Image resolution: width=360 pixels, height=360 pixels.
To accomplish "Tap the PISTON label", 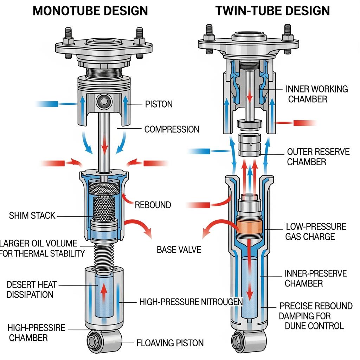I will click(x=159, y=104).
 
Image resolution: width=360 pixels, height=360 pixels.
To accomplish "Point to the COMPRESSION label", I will click(x=172, y=129).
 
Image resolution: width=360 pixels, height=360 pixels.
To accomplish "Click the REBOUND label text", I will click(x=153, y=205).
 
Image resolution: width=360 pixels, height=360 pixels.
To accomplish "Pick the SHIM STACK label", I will click(x=32, y=215).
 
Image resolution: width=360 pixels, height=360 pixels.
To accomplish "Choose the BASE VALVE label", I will click(x=179, y=250).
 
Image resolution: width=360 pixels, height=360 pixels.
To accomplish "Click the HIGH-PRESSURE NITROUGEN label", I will click(x=191, y=301).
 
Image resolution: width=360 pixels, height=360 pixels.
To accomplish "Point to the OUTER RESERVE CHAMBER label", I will click(x=318, y=157).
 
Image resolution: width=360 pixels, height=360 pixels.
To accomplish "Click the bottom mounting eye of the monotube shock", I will click(x=95, y=341).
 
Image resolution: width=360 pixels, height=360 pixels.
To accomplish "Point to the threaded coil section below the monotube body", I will click(x=103, y=251).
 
